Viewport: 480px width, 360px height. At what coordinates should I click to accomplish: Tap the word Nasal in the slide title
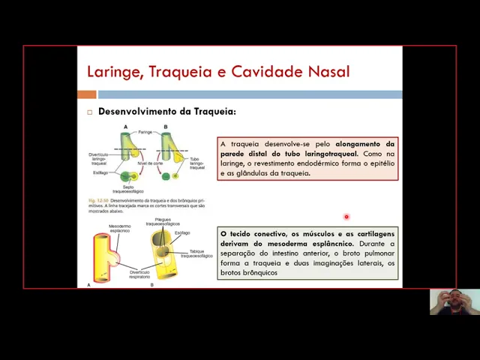click(328, 72)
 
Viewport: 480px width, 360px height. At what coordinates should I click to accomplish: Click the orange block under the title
click(87, 94)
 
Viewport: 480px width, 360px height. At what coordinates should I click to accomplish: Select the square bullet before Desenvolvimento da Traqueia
click(89, 112)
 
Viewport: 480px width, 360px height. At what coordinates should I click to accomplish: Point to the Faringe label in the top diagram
click(145, 131)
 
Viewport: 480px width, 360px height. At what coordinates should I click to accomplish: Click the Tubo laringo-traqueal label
click(197, 163)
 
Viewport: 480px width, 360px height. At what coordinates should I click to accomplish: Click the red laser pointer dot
click(346, 217)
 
